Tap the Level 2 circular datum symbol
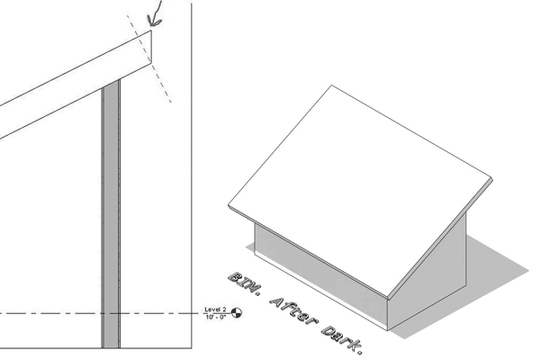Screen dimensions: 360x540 (238, 313)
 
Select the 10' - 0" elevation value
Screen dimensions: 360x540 (217, 318)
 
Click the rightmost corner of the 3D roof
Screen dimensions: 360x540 (494, 178)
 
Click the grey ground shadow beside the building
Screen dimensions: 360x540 (486, 261)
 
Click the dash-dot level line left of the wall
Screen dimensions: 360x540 (45, 313)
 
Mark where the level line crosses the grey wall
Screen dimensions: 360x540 (111, 313)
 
